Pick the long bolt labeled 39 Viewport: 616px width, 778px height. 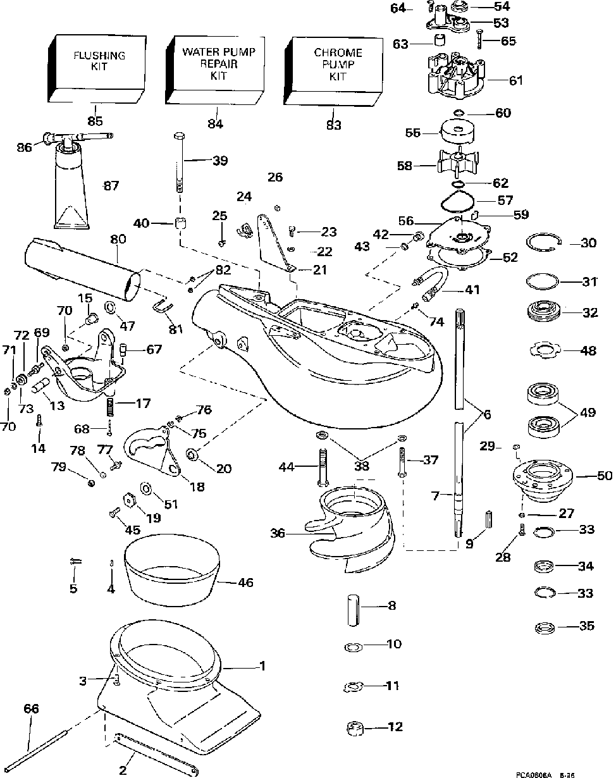click(x=178, y=161)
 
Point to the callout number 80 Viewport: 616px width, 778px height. click(x=118, y=240)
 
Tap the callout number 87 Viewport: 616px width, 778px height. click(x=111, y=186)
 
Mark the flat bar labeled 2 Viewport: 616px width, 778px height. click(x=155, y=753)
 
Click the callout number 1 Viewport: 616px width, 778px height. click(x=261, y=666)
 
